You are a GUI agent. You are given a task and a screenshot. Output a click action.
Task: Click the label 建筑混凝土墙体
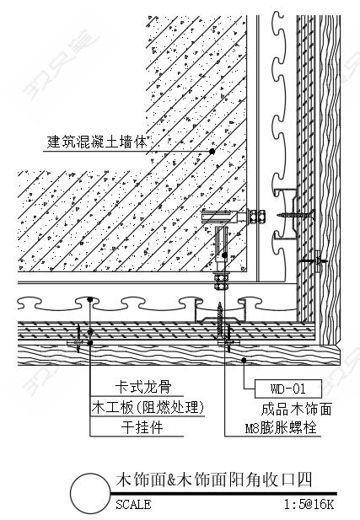click(96, 142)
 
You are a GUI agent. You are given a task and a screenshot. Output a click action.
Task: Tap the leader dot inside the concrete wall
click(212, 152)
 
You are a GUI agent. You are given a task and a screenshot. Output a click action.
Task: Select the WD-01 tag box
click(288, 389)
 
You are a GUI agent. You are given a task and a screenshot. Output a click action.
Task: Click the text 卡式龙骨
click(143, 387)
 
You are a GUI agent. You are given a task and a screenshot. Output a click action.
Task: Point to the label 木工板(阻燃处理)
click(148, 407)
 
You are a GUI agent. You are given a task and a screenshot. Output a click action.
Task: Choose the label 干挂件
click(142, 427)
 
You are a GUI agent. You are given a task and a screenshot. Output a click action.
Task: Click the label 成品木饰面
click(296, 409)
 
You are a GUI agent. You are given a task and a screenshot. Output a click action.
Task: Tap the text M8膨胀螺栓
click(281, 428)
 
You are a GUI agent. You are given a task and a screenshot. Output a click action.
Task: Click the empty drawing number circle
click(90, 493)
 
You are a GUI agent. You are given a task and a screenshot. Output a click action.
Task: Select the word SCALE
click(133, 505)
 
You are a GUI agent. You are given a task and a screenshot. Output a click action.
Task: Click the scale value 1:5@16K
click(309, 505)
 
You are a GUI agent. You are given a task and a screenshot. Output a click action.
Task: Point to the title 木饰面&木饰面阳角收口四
click(213, 480)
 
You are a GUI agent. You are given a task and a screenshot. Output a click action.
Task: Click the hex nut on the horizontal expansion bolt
click(256, 217)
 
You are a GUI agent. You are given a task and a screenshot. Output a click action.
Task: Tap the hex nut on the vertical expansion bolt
click(221, 281)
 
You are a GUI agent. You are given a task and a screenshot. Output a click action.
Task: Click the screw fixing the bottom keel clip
click(220, 321)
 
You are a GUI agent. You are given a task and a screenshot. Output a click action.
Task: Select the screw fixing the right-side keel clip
click(295, 215)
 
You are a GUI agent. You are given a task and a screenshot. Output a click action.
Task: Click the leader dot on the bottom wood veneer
click(244, 360)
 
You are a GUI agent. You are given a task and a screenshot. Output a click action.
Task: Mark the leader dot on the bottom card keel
click(90, 299)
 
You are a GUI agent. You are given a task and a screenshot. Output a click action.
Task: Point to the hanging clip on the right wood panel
click(318, 261)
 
